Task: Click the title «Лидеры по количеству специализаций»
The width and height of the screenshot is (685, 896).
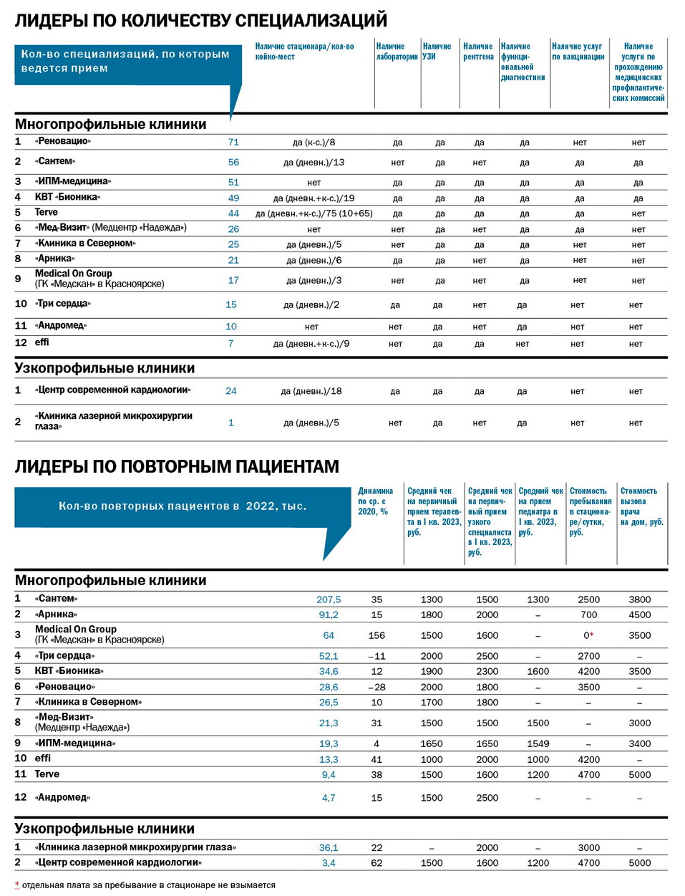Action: [x=201, y=20]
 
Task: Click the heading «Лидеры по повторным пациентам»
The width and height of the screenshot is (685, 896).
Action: [x=177, y=466]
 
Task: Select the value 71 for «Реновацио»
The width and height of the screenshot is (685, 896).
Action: [x=233, y=143]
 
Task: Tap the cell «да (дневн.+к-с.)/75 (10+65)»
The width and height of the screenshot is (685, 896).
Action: [x=314, y=213]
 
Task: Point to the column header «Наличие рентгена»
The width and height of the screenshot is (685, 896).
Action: [x=478, y=52]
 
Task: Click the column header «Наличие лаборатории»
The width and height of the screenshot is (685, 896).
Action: [x=397, y=52]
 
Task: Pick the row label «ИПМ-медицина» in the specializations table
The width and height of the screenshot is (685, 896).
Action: [x=73, y=182]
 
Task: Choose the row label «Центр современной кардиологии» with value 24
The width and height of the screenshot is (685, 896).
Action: [x=113, y=390]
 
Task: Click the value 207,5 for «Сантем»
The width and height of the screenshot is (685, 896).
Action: [x=329, y=599]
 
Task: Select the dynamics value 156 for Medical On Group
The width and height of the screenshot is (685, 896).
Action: [x=376, y=635]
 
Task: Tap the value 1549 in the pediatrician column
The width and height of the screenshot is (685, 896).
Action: [x=538, y=744]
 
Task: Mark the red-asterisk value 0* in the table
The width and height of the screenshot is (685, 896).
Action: [x=588, y=635]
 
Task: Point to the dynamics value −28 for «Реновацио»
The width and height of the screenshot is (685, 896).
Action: [x=376, y=687]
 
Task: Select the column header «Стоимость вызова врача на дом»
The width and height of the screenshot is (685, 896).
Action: [x=641, y=506]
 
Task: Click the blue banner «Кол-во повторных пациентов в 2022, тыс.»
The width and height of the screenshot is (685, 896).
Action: [x=182, y=506]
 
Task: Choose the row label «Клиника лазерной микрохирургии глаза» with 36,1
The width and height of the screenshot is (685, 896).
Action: [x=136, y=847]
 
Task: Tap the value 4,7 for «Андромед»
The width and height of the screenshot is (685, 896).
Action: [x=329, y=798]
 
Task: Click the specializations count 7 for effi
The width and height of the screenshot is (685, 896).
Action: [x=231, y=344]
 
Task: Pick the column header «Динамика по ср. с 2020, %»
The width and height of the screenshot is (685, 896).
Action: [x=376, y=501]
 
